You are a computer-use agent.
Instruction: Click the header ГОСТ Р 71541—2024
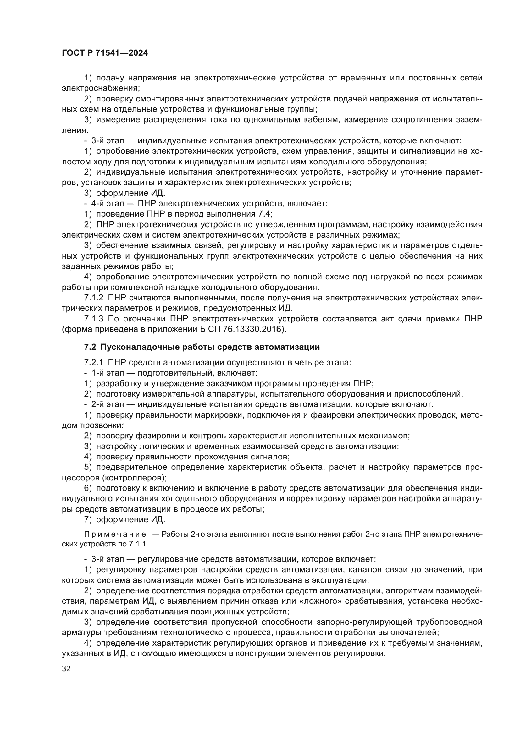coord(105,53)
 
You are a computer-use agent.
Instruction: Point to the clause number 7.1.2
coord(93,298)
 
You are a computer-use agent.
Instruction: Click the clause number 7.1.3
coord(93,319)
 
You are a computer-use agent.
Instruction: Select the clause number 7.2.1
coord(93,362)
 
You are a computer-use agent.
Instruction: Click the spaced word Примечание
coord(115,534)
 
